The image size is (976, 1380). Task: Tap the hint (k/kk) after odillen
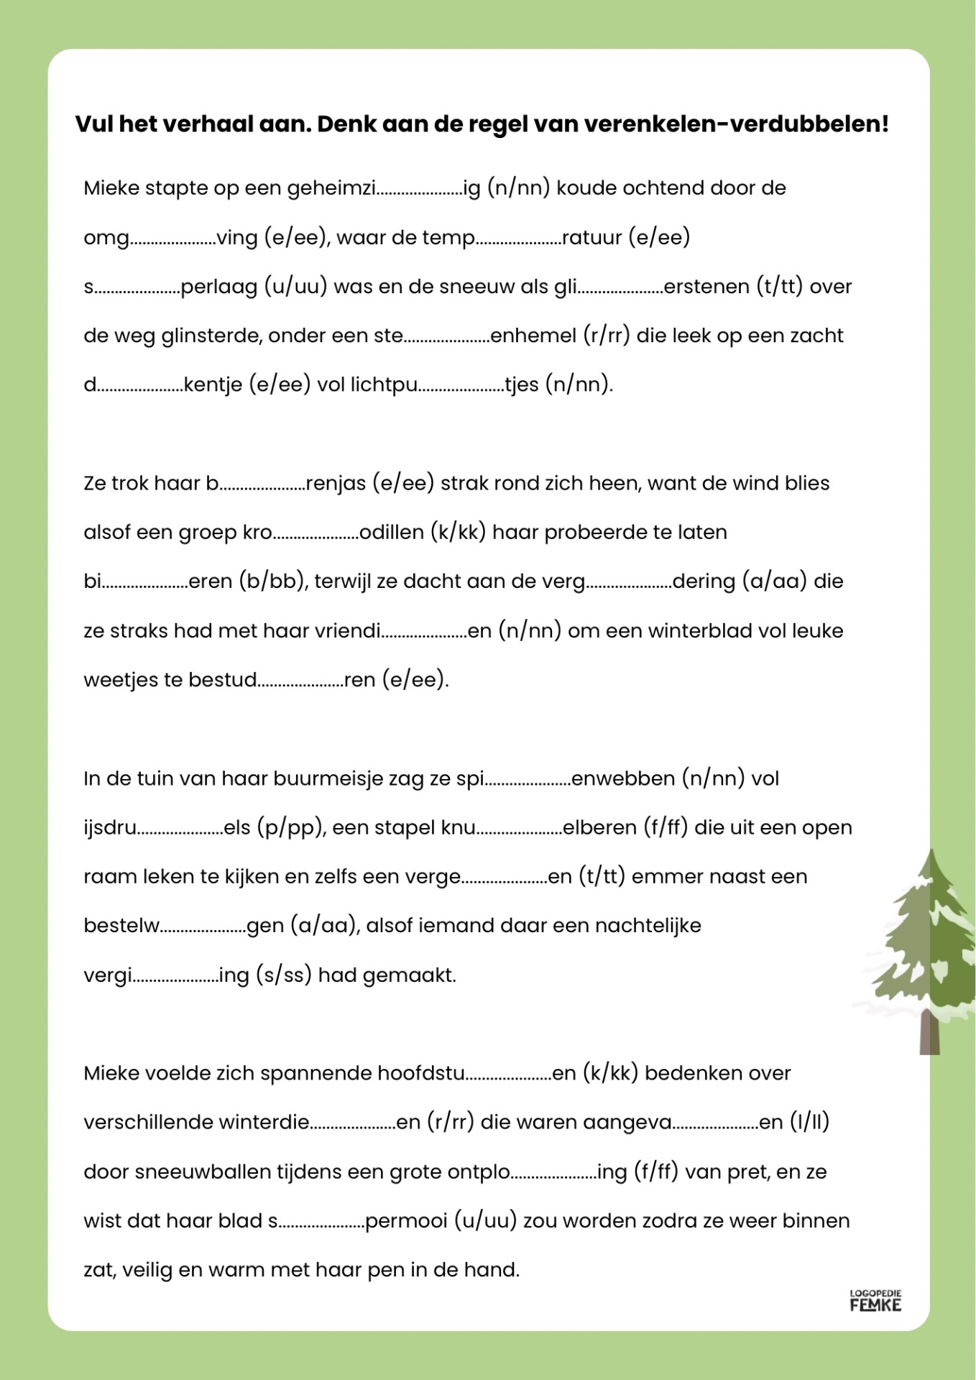tap(459, 533)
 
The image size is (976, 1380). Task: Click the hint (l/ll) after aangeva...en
tap(809, 1123)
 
